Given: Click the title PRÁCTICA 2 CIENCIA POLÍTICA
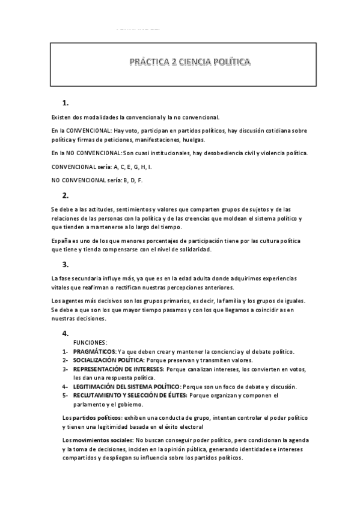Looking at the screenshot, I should [x=182, y=62].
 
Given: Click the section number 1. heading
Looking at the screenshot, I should [x=66, y=102].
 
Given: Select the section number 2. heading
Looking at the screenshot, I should [x=66, y=195].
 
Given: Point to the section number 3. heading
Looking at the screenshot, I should [x=66, y=264].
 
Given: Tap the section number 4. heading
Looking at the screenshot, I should [x=66, y=333].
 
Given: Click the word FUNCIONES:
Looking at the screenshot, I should [x=90, y=342].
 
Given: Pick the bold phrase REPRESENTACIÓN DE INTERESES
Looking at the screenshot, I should [x=114, y=369].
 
